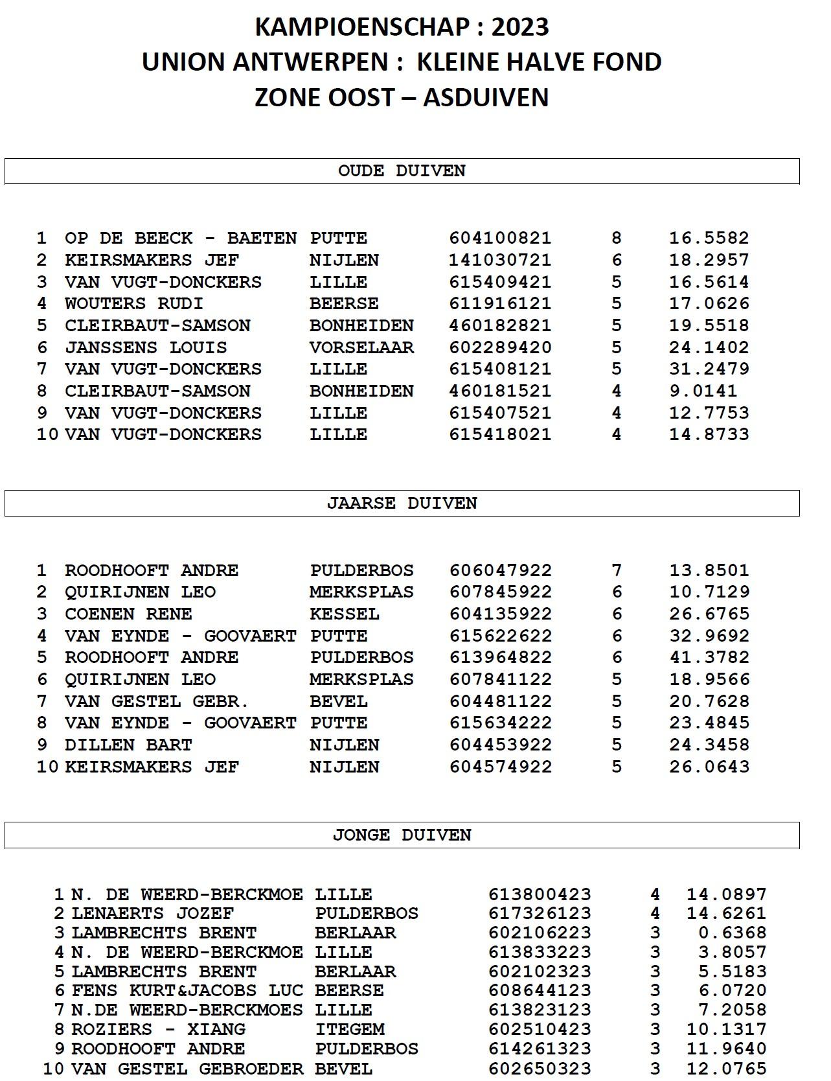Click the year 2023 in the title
coord(520,27)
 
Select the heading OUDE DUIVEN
coord(402,171)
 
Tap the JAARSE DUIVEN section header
coord(402,504)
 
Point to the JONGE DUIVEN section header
coord(402,835)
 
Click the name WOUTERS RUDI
coord(134,303)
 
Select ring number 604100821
coord(500,238)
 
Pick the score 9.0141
coord(703,391)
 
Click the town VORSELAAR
coord(361,347)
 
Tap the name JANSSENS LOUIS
coord(146,347)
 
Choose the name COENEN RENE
coord(128,614)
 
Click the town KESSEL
coord(344,614)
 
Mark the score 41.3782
coord(709,657)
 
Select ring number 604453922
coord(501,745)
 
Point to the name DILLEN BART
coord(128,745)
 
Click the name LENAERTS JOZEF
coord(152,913)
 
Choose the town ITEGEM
coord(350,1029)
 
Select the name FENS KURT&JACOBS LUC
coord(187,990)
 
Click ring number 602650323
coord(540,1068)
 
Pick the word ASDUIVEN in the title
coord(486,97)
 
